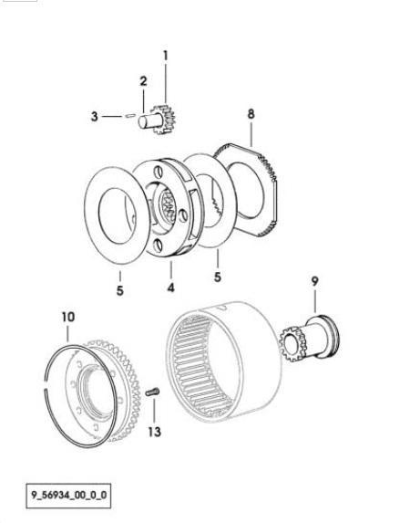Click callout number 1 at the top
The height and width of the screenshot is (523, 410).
166,56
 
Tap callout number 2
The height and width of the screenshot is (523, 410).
143,81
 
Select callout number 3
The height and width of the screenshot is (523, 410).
95,117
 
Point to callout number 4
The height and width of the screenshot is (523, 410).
171,288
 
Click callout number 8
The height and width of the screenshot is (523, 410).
251,114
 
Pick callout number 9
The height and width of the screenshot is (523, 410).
314,281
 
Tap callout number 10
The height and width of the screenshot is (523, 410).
68,317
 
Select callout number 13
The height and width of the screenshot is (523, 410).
155,432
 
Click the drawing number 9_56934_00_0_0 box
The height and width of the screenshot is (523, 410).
68,496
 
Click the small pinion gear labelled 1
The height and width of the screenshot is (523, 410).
163,119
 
